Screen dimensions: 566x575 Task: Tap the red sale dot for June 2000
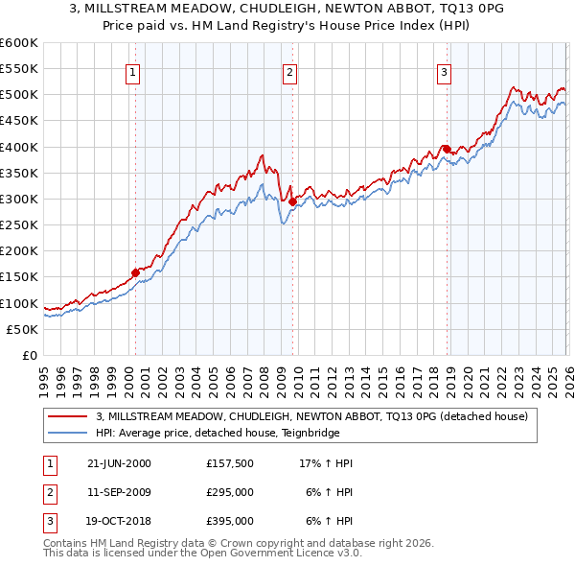pyautogui.click(x=135, y=272)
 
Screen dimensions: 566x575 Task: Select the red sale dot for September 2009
pyautogui.click(x=292, y=201)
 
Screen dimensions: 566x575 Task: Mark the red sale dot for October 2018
pyautogui.click(x=447, y=149)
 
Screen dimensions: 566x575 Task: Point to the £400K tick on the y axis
pyautogui.click(x=19, y=147)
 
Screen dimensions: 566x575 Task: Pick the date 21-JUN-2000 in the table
pyautogui.click(x=119, y=463)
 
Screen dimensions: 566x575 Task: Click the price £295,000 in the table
pyautogui.click(x=230, y=492)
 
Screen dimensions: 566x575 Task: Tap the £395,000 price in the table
pyautogui.click(x=230, y=522)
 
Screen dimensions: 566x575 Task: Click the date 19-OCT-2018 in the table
pyautogui.click(x=119, y=522)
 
